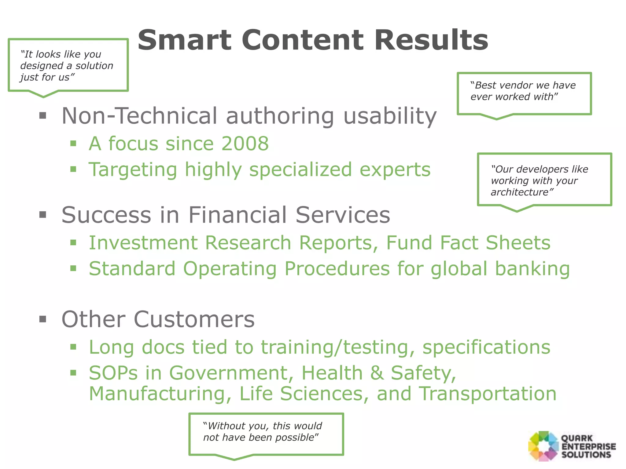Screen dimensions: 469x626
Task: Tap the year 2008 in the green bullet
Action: click(x=245, y=144)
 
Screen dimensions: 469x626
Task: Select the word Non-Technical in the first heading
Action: click(x=139, y=116)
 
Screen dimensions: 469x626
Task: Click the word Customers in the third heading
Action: click(x=194, y=319)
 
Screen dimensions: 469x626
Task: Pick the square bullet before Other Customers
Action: click(x=43, y=319)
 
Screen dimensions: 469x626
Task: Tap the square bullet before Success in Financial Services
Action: click(x=43, y=215)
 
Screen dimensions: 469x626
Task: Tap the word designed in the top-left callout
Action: click(x=42, y=66)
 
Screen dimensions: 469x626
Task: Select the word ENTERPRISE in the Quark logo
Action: click(x=588, y=447)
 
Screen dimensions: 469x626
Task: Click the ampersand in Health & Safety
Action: click(x=377, y=373)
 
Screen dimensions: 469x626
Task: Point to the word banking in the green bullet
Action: click(x=532, y=269)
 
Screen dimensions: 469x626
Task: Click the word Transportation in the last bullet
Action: click(x=487, y=394)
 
